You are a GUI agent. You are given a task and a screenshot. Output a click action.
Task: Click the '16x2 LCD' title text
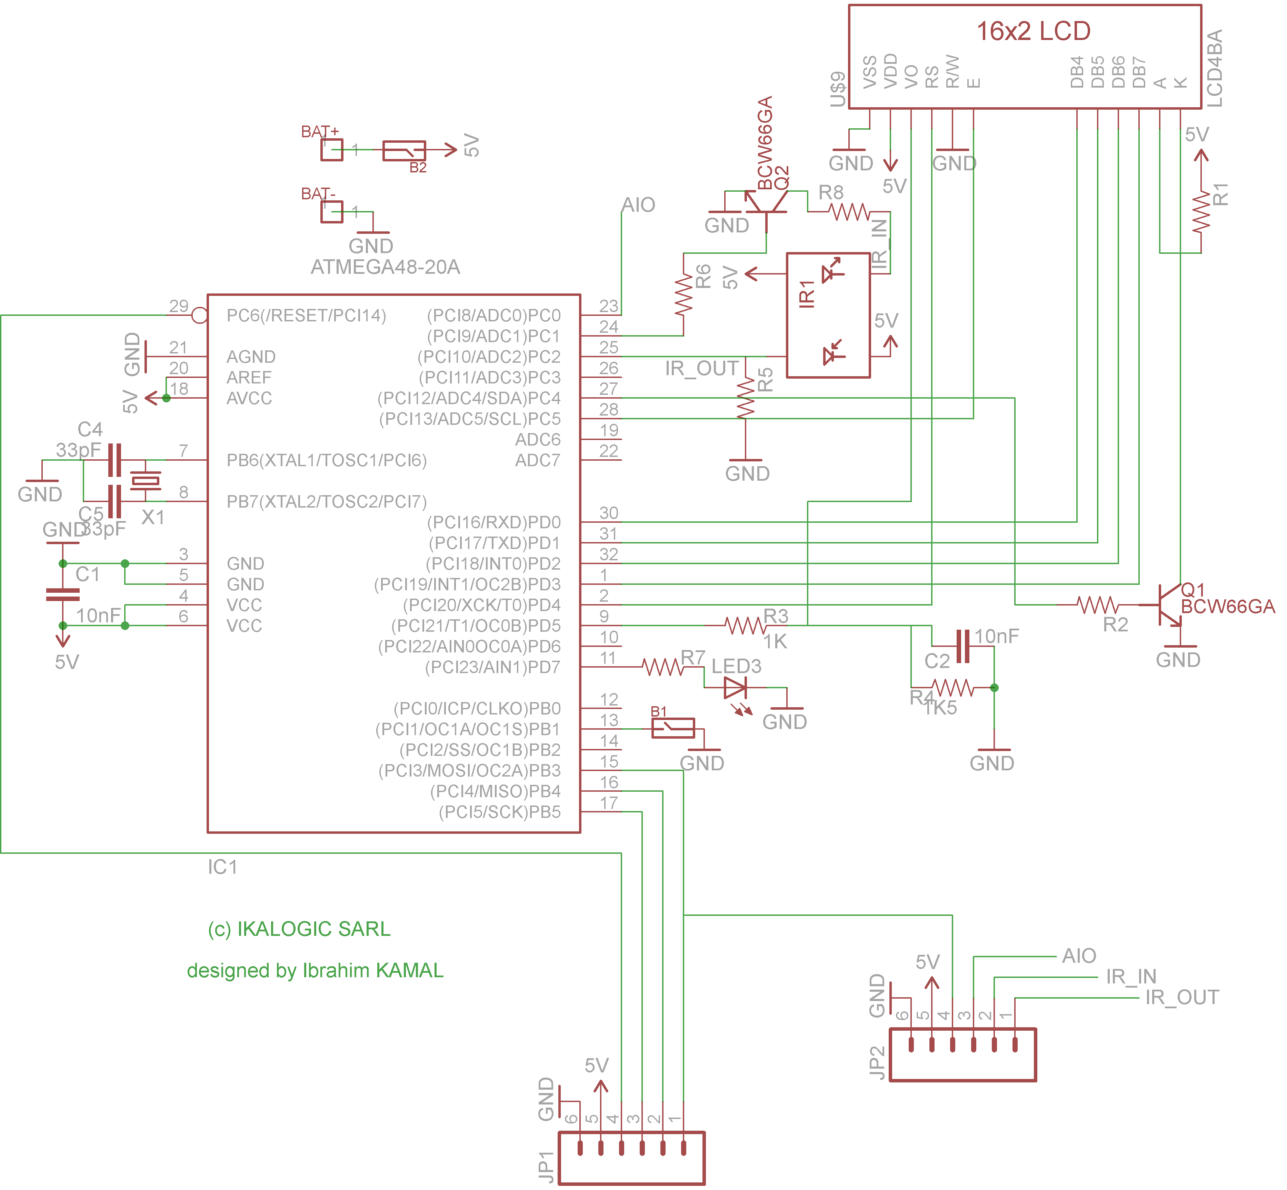pyautogui.click(x=1033, y=31)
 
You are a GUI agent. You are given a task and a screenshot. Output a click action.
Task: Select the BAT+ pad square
pyautogui.click(x=331, y=150)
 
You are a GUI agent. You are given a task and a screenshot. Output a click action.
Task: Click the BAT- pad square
pyautogui.click(x=331, y=212)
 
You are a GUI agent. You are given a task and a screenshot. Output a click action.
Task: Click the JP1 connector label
pyautogui.click(x=546, y=1167)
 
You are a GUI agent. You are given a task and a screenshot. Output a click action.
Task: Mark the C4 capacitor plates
pyautogui.click(x=114, y=460)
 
